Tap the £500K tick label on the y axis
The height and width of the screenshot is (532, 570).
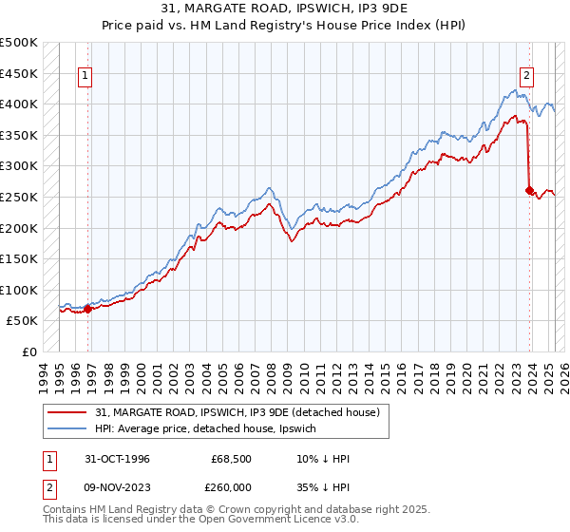tap(19, 43)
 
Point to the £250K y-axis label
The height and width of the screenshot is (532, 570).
tap(19, 197)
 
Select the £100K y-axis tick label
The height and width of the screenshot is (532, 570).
tap(19, 290)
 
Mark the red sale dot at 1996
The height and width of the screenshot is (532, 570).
tap(87, 308)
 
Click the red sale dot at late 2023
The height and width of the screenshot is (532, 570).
tap(530, 190)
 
